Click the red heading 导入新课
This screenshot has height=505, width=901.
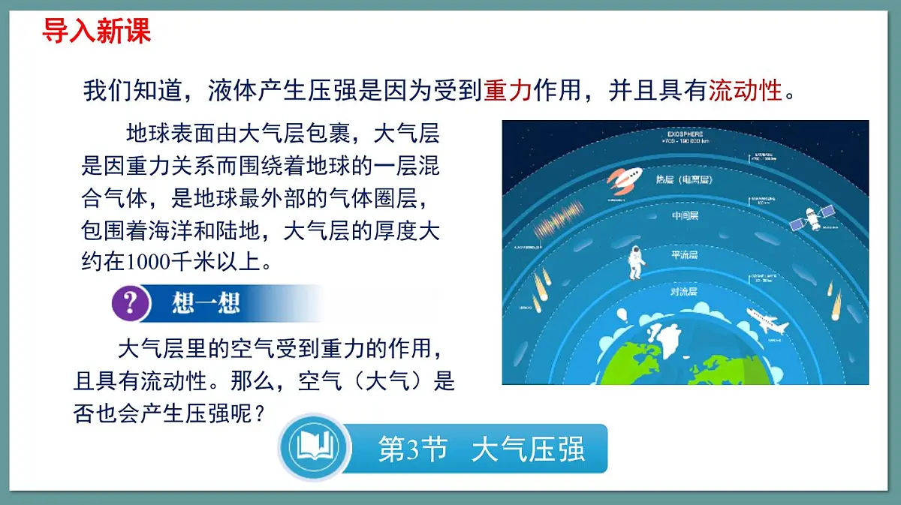point(96,31)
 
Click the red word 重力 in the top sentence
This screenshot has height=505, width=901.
point(508,92)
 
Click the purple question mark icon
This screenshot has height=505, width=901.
point(130,303)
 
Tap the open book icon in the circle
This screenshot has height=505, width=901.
point(314,448)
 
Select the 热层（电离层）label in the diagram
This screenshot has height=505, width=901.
point(683,180)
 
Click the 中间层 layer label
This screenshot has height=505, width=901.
point(685,217)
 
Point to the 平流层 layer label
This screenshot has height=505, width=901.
point(685,255)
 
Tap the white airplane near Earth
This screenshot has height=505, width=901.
point(767,322)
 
